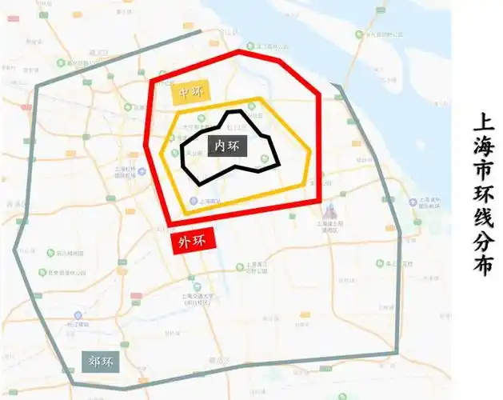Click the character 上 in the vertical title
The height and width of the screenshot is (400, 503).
[x=483, y=122]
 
